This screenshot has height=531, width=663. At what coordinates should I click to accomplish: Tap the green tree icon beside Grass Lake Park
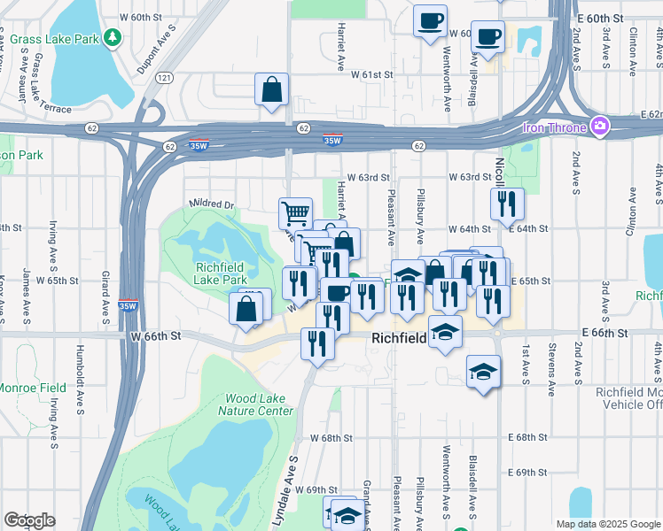pos(112,37)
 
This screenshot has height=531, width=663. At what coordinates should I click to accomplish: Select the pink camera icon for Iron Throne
pos(600,127)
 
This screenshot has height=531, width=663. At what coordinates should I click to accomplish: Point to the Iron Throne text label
pos(555,127)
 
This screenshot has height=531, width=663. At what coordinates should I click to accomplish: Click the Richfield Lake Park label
pos(221,273)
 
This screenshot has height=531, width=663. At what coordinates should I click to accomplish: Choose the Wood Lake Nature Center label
pos(259,405)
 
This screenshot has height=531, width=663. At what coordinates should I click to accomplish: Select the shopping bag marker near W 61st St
pos(271,89)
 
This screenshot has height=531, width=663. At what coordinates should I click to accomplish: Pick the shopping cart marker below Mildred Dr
pos(295,212)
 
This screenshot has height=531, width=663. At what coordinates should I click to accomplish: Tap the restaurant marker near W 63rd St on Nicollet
pos(507,204)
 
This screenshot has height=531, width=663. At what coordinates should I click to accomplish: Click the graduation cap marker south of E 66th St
pos(483,372)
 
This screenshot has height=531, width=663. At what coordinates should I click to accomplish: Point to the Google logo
pos(30,519)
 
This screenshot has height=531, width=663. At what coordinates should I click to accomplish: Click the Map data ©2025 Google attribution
pos(608,524)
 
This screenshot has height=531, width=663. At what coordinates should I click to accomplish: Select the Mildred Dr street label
pos(211,204)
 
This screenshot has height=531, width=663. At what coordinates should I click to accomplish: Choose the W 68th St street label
pos(331,438)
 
